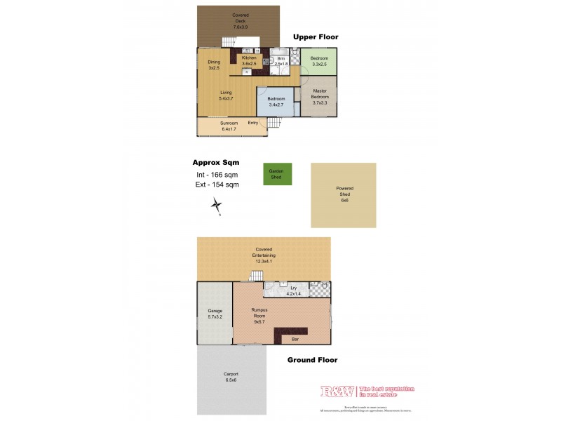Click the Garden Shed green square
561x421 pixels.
(x=278, y=174)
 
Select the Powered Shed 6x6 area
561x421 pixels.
(x=344, y=194)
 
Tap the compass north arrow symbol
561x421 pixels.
(x=217, y=206)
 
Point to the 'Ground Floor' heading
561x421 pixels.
(x=313, y=360)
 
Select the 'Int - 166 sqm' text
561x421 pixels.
(x=217, y=174)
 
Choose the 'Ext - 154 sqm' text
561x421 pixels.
(x=217, y=185)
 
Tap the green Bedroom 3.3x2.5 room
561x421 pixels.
(x=320, y=61)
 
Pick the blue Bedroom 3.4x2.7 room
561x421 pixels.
(x=276, y=102)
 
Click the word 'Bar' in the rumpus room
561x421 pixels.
(x=294, y=340)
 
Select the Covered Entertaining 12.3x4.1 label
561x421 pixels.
(x=264, y=255)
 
